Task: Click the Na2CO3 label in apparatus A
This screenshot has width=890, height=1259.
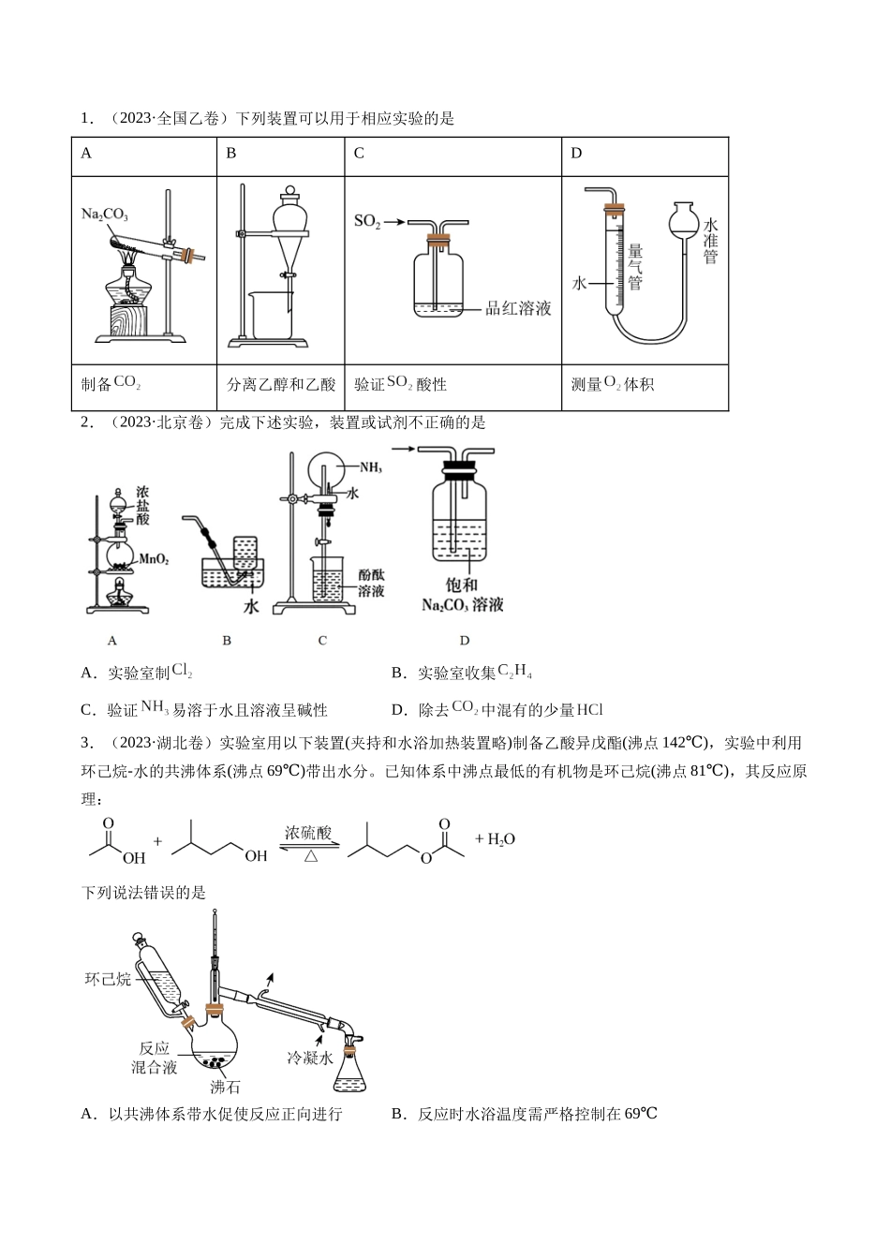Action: pos(104,215)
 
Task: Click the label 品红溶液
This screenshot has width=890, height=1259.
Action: pos(518,308)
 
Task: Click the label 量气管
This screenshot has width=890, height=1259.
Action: pos(634,267)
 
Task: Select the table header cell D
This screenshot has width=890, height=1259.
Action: pos(576,154)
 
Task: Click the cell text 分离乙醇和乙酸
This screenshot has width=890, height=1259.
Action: pos(281,384)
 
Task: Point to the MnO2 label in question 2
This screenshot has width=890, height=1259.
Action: pos(153,559)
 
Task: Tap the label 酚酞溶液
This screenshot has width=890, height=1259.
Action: pos(371,582)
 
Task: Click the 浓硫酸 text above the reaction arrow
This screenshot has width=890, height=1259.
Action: pos(308,832)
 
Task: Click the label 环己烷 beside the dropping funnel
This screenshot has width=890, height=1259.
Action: pos(108,979)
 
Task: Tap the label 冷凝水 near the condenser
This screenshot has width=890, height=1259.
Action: pos(310,1058)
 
